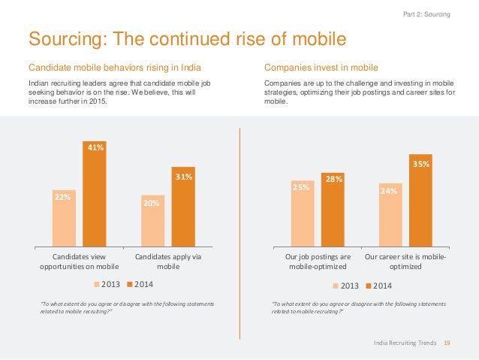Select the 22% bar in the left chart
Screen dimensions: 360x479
click(x=64, y=219)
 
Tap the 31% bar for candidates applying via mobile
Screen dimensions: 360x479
click(x=182, y=207)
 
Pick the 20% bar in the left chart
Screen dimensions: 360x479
click(x=153, y=222)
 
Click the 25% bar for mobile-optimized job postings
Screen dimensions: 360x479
click(x=303, y=214)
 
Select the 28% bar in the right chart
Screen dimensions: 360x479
click(x=333, y=210)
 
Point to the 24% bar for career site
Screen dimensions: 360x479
click(x=391, y=216)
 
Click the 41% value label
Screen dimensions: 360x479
click(x=94, y=148)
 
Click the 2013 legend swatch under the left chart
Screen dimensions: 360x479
click(x=97, y=284)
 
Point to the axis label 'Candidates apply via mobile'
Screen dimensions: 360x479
click(x=168, y=262)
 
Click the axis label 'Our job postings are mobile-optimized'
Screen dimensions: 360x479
click(x=318, y=262)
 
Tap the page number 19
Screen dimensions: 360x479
click(x=447, y=343)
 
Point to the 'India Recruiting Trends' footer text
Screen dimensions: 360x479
click(x=405, y=343)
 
